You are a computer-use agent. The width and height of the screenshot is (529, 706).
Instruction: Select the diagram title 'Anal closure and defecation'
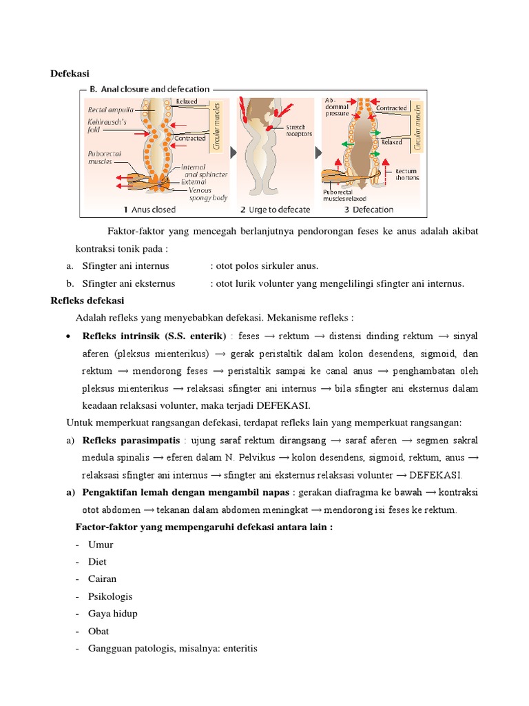coord(155,89)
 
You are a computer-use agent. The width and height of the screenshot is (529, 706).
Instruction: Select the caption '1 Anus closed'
coord(149,210)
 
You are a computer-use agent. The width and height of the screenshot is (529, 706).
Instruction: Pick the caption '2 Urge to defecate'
coord(275,210)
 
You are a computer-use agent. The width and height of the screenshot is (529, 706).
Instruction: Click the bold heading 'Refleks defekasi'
coord(87,301)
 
